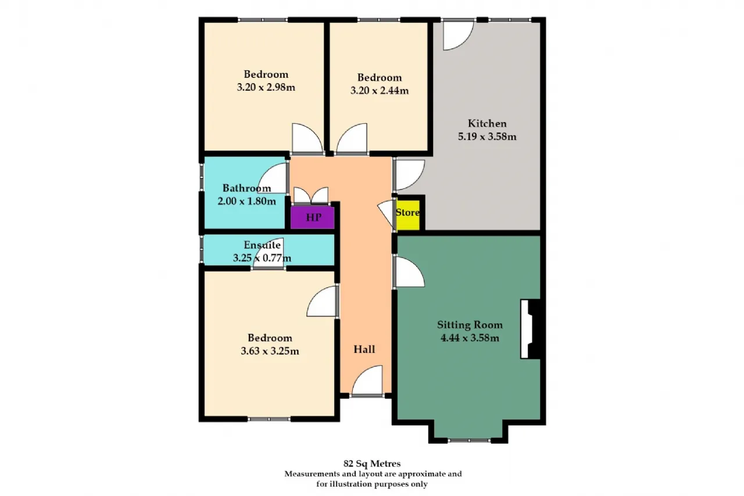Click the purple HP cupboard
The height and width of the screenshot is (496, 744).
click(312, 217)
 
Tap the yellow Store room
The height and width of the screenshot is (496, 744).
click(408, 215)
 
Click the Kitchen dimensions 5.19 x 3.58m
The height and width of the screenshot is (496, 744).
click(487, 137)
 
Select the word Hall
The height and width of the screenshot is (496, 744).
click(364, 349)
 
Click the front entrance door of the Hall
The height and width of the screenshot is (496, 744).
click(367, 381)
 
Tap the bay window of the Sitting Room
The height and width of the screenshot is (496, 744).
click(469, 441)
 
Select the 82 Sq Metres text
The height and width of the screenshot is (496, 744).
click(372, 463)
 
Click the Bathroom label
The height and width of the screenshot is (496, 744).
click(247, 188)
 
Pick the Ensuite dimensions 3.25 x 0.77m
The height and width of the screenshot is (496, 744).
click(262, 258)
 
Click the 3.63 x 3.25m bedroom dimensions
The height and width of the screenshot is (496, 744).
click(270, 351)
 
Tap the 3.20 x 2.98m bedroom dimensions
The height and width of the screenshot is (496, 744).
click(266, 87)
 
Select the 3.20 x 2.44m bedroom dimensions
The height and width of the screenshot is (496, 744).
click(380, 90)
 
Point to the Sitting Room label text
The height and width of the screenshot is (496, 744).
click(470, 324)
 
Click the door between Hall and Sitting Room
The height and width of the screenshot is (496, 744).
click(409, 272)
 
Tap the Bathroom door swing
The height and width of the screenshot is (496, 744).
click(272, 178)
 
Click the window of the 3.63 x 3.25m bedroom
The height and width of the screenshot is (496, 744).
click(269, 419)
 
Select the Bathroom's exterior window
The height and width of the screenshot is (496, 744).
click(201, 177)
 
